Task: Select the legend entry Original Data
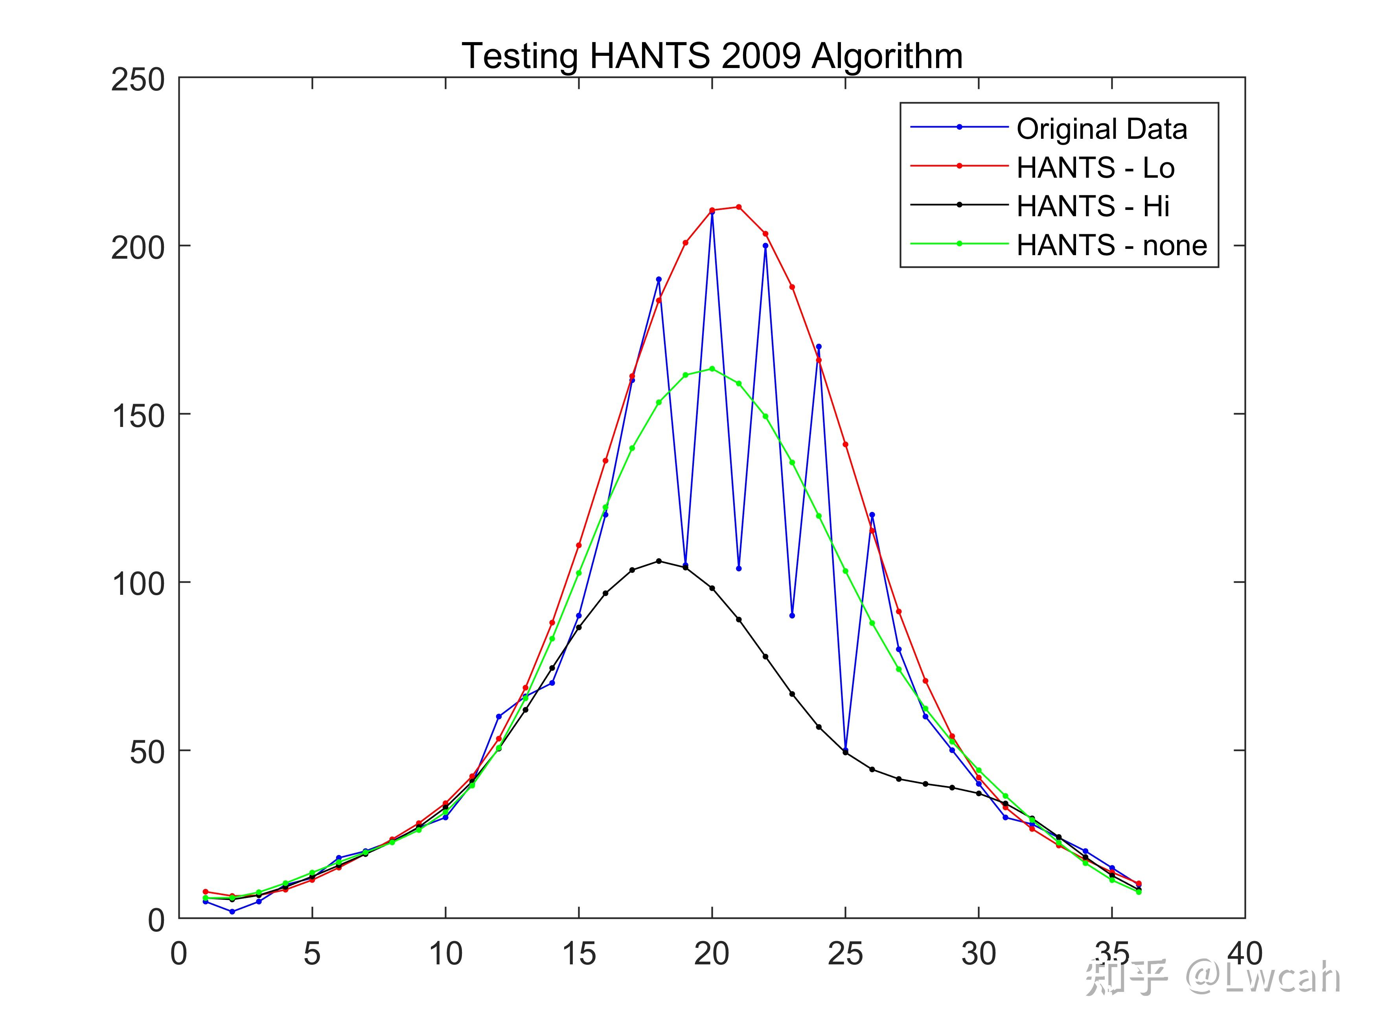pos(1102,129)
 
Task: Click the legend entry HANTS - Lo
pos(1095,167)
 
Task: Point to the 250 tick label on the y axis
pos(138,80)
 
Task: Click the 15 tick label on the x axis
pos(579,954)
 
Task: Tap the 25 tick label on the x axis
pos(845,954)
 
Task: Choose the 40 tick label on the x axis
pos(1244,954)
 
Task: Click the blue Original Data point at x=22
pos(765,246)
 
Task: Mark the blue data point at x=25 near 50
pos(845,750)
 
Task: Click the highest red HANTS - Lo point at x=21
pos(738,206)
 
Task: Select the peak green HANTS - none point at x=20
pos(712,368)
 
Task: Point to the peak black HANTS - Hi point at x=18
pos(659,561)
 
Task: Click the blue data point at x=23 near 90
pos(792,616)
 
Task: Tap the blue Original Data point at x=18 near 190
pos(659,279)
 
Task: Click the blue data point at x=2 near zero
pos(232,911)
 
